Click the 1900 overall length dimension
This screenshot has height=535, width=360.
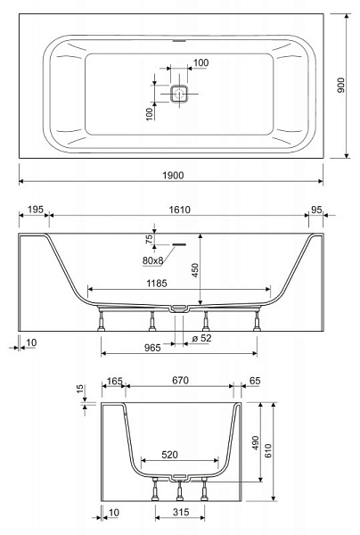(x=173, y=176)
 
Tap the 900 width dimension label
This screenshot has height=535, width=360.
(x=341, y=86)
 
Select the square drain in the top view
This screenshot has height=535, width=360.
(x=179, y=93)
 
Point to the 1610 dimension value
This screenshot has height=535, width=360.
(x=180, y=210)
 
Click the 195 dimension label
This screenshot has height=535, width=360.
(x=36, y=210)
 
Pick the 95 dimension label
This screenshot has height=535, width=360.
(x=316, y=210)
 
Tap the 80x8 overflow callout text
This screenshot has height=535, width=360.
(x=152, y=260)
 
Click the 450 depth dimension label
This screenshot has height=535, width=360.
(x=194, y=270)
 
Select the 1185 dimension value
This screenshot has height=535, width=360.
(x=157, y=284)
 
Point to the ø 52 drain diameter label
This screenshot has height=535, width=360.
(x=201, y=338)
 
